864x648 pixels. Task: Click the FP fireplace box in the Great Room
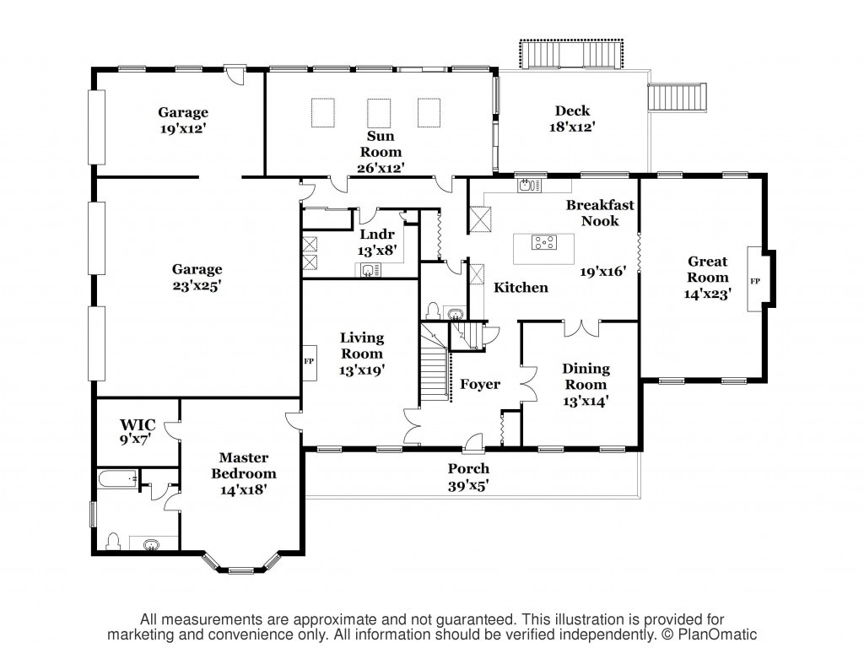[755, 280]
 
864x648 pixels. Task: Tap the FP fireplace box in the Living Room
[309, 362]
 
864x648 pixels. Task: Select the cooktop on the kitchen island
[544, 242]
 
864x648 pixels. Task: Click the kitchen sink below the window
[529, 185]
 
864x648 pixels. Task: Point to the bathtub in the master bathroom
[118, 479]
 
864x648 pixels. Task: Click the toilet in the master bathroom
[113, 541]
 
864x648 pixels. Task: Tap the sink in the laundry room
[368, 270]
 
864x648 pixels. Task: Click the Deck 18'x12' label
[573, 118]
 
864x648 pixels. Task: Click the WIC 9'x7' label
[138, 431]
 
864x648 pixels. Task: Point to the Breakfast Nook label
[600, 213]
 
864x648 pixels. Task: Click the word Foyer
[480, 384]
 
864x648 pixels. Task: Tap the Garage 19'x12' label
[183, 120]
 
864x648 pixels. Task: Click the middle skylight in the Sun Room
[379, 113]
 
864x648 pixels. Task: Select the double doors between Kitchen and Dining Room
[581, 328]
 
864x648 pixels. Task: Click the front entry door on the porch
[472, 442]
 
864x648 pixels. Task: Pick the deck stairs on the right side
[678, 98]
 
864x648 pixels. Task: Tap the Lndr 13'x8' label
[377, 242]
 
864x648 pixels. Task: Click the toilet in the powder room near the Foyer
[433, 310]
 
